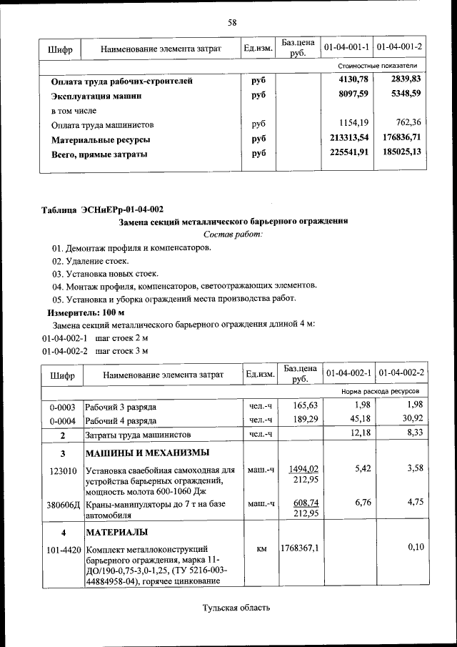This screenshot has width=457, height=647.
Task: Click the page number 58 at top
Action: click(232, 22)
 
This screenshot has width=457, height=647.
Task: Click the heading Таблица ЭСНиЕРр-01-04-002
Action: click(103, 209)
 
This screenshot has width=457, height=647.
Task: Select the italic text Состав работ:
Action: click(233, 234)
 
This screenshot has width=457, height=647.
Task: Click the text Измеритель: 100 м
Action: click(86, 312)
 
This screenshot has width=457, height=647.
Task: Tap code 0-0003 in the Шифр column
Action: click(62, 407)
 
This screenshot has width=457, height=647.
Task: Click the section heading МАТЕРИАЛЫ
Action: click(117, 533)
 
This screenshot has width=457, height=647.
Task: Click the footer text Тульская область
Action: click(236, 608)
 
